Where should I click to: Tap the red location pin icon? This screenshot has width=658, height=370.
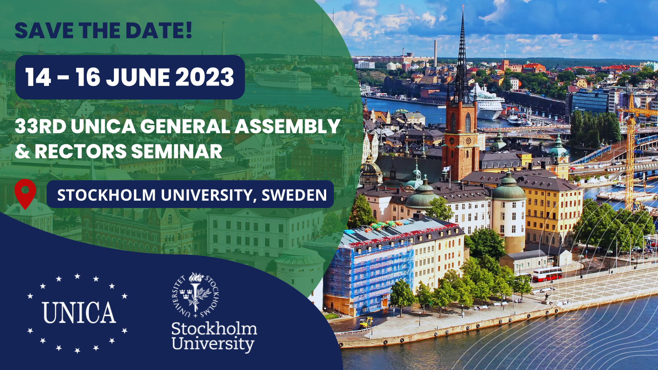pos(25,194)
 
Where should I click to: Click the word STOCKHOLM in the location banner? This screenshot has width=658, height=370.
pos(107,195)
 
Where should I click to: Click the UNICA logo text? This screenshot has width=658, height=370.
pos(79,312)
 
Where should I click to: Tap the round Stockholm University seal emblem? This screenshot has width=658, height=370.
pos(195,295)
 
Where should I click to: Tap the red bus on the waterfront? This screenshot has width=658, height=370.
pos(547,274)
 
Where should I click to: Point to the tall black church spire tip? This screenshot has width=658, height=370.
pos(463,6)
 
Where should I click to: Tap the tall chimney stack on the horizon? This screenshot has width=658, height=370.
pos(436,53)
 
